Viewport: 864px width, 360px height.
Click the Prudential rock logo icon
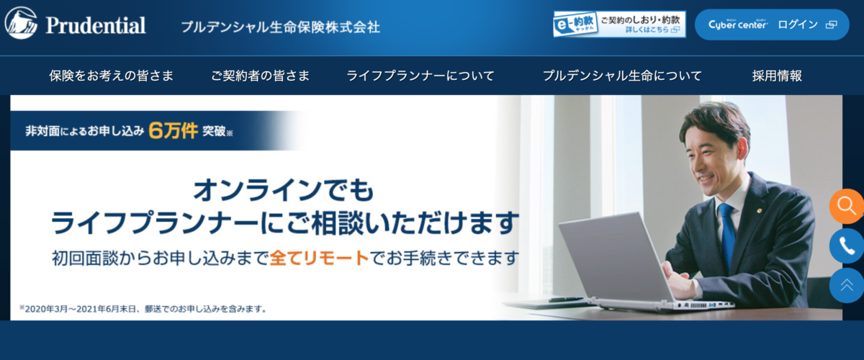coord(21,23)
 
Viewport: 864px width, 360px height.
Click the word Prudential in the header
coord(96,25)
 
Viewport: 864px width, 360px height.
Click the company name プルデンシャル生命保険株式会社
coord(280,27)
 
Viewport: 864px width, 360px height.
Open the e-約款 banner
coord(619,24)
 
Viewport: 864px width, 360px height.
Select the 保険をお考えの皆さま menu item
coord(112,76)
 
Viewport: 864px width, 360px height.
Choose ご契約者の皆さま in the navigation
coord(261,76)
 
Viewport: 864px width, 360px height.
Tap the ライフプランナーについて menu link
coord(420,76)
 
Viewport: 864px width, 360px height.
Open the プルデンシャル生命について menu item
coord(623,76)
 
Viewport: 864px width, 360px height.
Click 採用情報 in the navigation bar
coord(777,76)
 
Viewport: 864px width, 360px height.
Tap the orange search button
coord(847,206)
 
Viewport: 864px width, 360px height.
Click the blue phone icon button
coord(847,246)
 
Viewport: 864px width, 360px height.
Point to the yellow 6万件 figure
coord(174,131)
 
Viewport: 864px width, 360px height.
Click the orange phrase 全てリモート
coord(320,258)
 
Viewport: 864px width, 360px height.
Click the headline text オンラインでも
coord(284,190)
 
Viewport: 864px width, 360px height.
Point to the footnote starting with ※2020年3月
coord(143,309)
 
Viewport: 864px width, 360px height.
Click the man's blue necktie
coord(727,235)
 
